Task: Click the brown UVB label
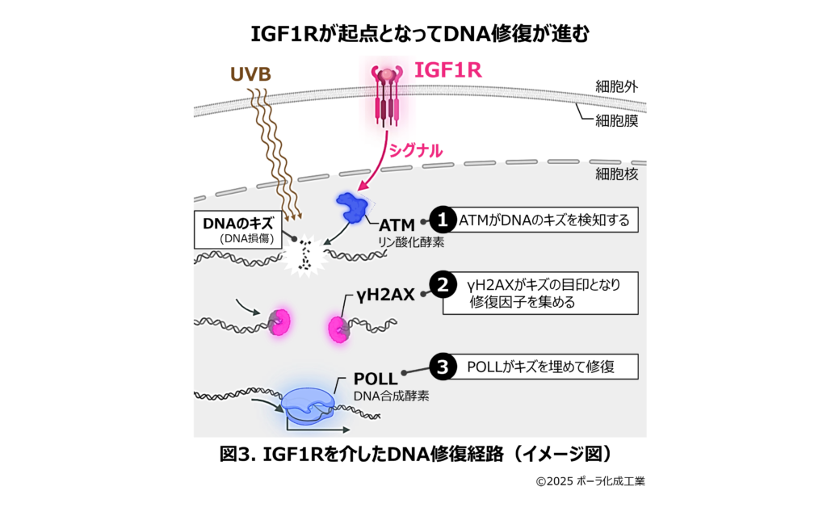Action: pyautogui.click(x=250, y=75)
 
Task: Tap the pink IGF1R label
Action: pyautogui.click(x=447, y=70)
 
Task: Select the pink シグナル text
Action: pyautogui.click(x=416, y=150)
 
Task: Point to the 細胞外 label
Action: pyautogui.click(x=616, y=86)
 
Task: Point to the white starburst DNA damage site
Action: pyautogui.click(x=305, y=254)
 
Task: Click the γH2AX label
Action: pyautogui.click(x=386, y=295)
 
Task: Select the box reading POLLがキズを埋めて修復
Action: pyautogui.click(x=541, y=367)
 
